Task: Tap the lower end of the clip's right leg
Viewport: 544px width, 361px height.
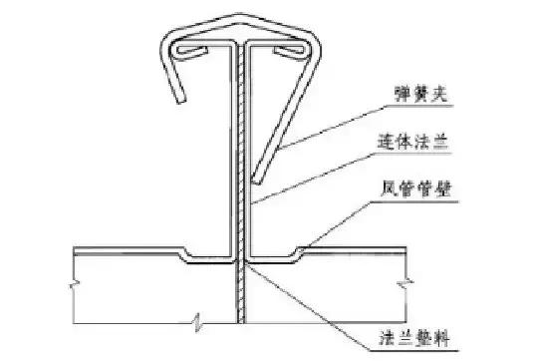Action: coord(258,180)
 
